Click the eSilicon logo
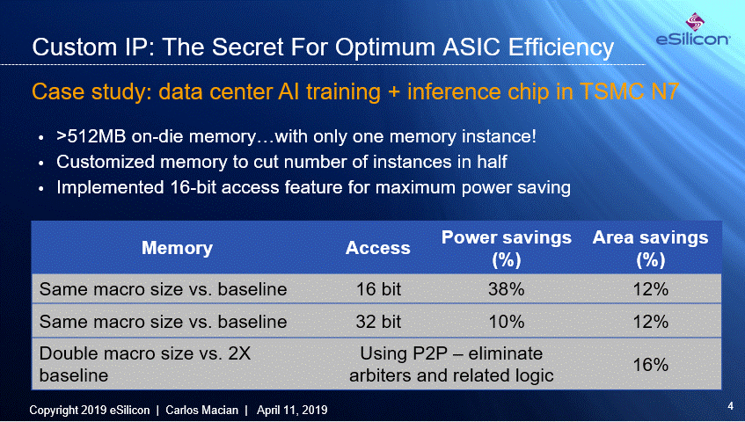point(693,29)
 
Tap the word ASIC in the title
point(471,47)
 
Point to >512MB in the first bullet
point(91,137)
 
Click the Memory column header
point(177,248)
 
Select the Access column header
point(377,248)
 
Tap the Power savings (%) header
point(507,248)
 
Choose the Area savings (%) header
point(651,248)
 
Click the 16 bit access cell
point(379,289)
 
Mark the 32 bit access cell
point(379,322)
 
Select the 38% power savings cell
point(507,289)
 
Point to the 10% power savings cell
point(507,322)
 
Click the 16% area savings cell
point(651,365)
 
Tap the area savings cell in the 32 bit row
point(651,322)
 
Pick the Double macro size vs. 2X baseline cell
point(145,365)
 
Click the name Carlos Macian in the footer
point(202,410)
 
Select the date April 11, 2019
point(292,410)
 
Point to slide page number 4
point(730,406)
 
